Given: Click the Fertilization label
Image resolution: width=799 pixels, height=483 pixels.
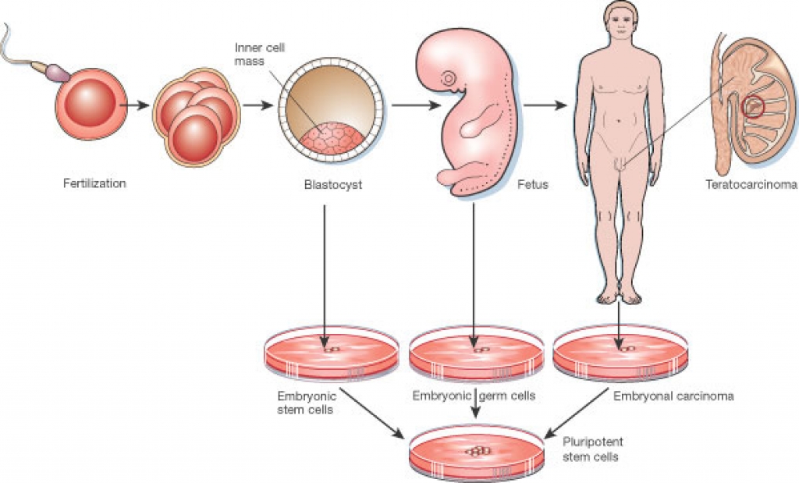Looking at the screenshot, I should coord(94,184).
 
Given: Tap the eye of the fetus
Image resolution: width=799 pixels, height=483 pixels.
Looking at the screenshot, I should coord(449,79).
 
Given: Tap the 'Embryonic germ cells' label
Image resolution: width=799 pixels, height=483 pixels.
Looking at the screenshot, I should coord(474,396).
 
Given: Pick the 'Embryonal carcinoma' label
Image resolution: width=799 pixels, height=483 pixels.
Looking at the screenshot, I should coord(673,396).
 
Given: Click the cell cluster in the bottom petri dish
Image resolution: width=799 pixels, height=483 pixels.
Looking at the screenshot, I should coord(475,451).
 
